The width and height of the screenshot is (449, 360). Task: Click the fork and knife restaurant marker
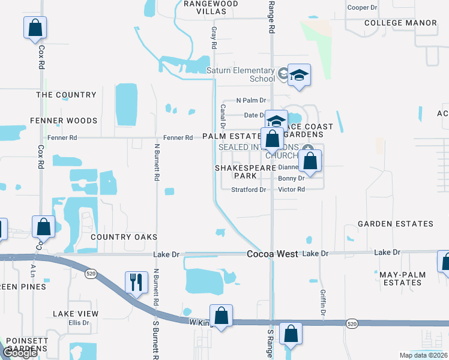pos(136,282)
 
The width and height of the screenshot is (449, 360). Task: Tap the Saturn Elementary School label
pos(241,74)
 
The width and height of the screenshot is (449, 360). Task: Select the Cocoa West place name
pos(272,254)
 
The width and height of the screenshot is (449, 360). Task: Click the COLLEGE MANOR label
pos(401,23)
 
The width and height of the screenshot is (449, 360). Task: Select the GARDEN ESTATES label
pos(395,224)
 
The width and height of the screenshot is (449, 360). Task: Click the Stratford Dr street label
pos(249,190)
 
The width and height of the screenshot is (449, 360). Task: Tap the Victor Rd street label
pos(292,190)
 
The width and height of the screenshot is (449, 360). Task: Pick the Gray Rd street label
pos(213,37)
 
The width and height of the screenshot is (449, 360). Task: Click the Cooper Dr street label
pos(362,8)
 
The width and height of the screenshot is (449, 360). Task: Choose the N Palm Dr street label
pos(251,100)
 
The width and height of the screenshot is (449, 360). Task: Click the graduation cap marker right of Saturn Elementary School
pos(298,76)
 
